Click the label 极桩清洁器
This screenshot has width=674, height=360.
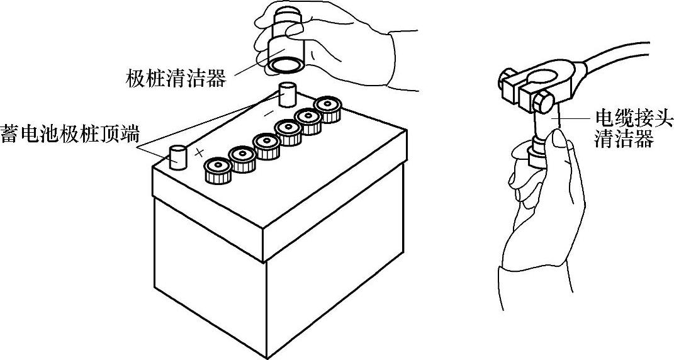(x=176, y=79)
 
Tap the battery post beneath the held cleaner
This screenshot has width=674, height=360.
(x=287, y=95)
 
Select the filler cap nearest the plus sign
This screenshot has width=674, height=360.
(x=218, y=169)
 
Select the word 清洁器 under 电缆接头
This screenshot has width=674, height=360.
(x=624, y=139)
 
